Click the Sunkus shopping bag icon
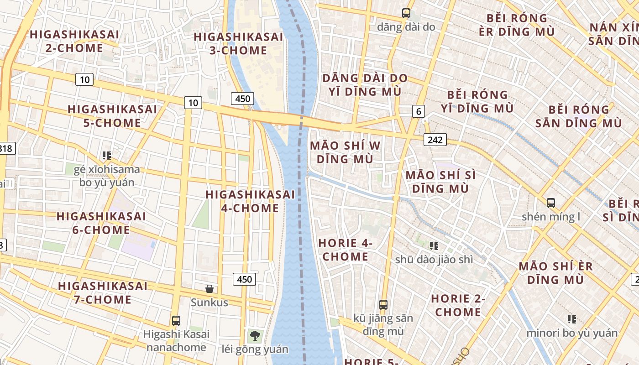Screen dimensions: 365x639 point(210,289)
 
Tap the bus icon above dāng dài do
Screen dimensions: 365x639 point(406,13)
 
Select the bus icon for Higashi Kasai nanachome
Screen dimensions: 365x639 point(176,320)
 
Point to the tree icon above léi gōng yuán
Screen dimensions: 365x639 point(255,336)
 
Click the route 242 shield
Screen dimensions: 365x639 point(435,140)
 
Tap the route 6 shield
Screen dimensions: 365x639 point(418,111)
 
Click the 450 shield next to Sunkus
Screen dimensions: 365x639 point(244,279)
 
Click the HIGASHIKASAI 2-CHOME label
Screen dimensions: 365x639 point(74,41)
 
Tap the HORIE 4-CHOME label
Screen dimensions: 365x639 point(346,250)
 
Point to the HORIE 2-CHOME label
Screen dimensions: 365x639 point(458,305)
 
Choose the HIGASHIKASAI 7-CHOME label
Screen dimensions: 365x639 point(103,293)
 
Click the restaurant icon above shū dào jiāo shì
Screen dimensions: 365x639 point(434,246)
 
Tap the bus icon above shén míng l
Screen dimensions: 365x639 point(551,203)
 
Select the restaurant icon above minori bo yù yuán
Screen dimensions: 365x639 point(571,319)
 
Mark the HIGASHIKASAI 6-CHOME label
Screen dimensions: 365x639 point(101,223)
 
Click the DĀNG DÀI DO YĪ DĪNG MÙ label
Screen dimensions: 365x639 point(365,84)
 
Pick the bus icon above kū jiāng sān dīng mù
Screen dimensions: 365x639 point(383,304)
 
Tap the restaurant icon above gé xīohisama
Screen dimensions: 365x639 point(107,156)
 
